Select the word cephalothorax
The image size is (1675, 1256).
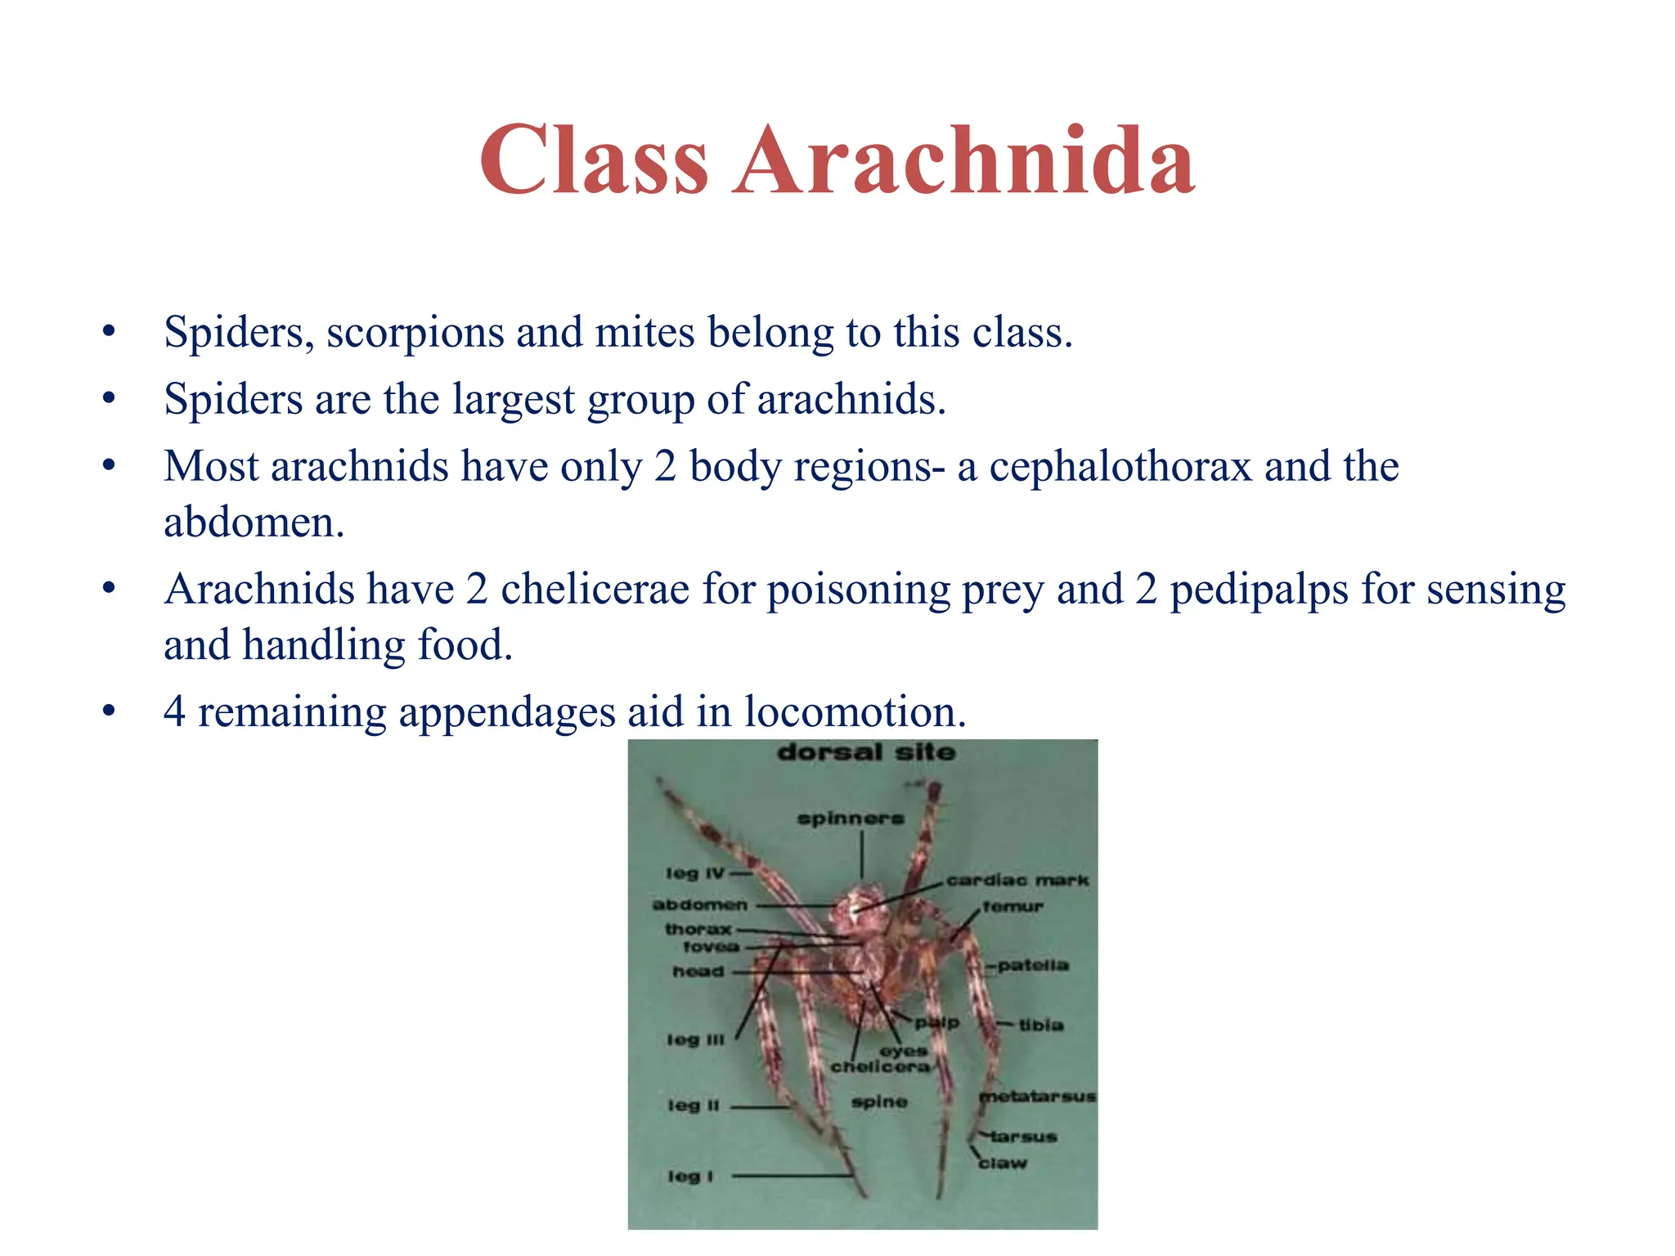(1120, 467)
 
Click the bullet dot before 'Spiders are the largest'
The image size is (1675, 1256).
(109, 399)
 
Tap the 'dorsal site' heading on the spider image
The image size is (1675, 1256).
(865, 752)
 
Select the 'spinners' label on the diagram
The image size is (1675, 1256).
(851, 819)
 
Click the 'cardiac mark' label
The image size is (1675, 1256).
(1017, 881)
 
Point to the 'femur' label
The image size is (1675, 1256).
(1013, 907)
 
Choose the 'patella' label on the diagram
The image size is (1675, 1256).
(1033, 966)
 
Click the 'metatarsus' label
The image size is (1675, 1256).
(1038, 1097)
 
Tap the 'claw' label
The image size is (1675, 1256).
(1003, 1163)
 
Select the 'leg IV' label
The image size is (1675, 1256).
(695, 873)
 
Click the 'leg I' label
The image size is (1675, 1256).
(691, 1176)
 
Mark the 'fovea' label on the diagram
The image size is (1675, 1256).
(711, 947)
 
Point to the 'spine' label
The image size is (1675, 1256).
(879, 1102)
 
